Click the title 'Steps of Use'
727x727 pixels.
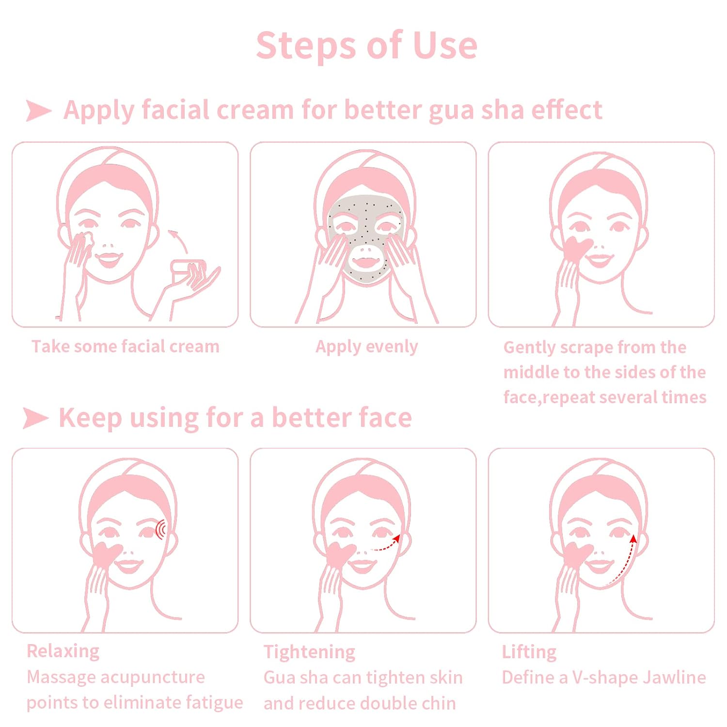click(367, 46)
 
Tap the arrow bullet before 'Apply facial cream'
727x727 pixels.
click(39, 111)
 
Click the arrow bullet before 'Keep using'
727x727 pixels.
click(36, 418)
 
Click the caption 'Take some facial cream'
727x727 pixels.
click(126, 347)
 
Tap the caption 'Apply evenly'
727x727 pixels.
click(367, 347)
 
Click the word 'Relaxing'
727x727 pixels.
click(63, 651)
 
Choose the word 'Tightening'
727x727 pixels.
click(309, 652)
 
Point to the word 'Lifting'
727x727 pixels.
click(529, 652)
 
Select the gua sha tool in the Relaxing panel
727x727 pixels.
click(108, 555)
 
